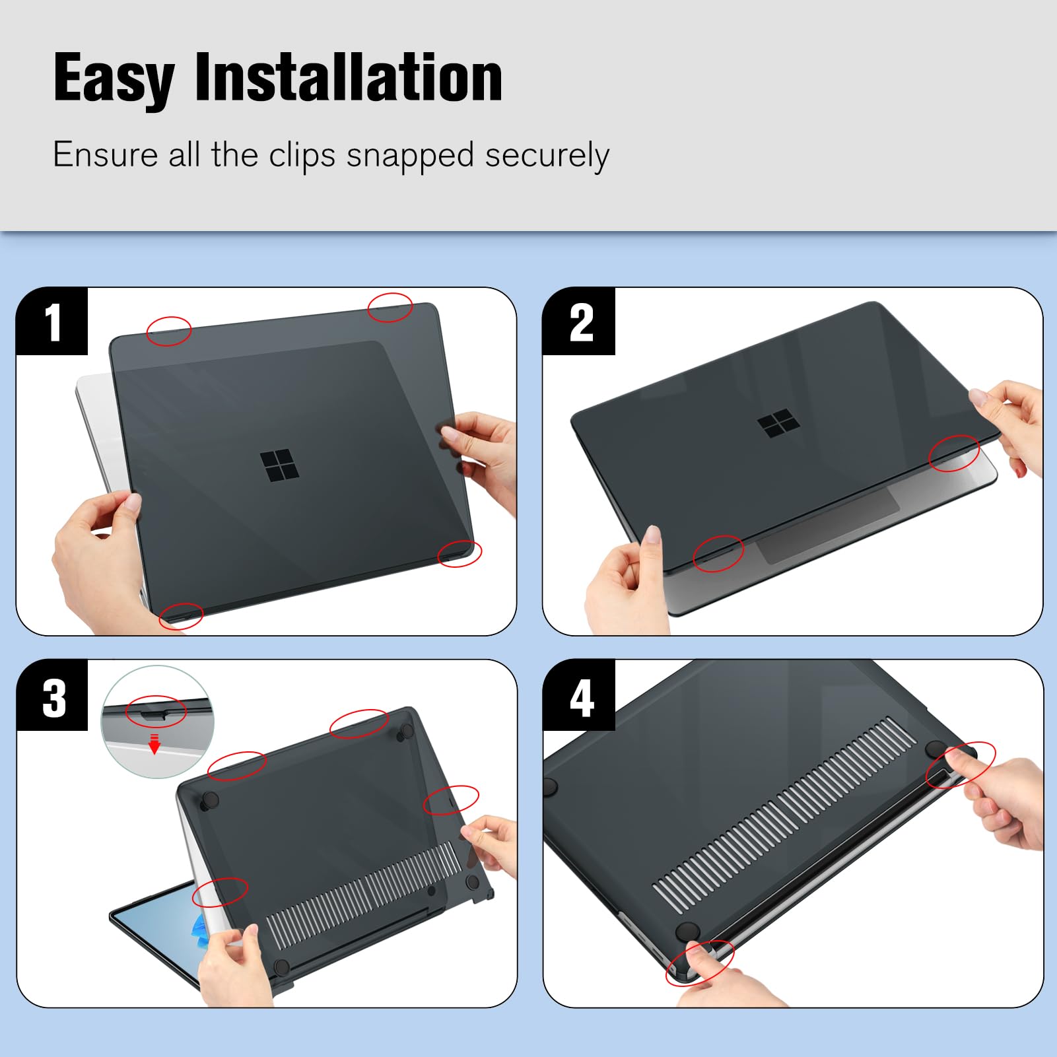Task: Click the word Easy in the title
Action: (114, 79)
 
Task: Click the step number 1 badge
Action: (52, 322)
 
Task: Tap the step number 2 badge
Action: (580, 322)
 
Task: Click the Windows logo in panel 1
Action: (279, 465)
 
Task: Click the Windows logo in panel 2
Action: (778, 423)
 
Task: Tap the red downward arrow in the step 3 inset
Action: (154, 744)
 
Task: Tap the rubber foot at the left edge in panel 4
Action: (550, 786)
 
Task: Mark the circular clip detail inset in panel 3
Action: (157, 722)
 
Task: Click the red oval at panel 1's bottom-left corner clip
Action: (181, 616)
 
